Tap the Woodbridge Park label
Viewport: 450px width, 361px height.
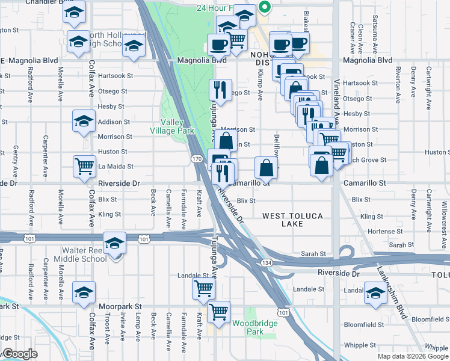pyautogui.click(x=248, y=327)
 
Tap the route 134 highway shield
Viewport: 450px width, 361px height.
pyautogui.click(x=266, y=263)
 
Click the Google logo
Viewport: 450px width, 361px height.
pyautogui.click(x=19, y=354)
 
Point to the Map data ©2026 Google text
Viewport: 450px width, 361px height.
pyautogui.click(x=413, y=356)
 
